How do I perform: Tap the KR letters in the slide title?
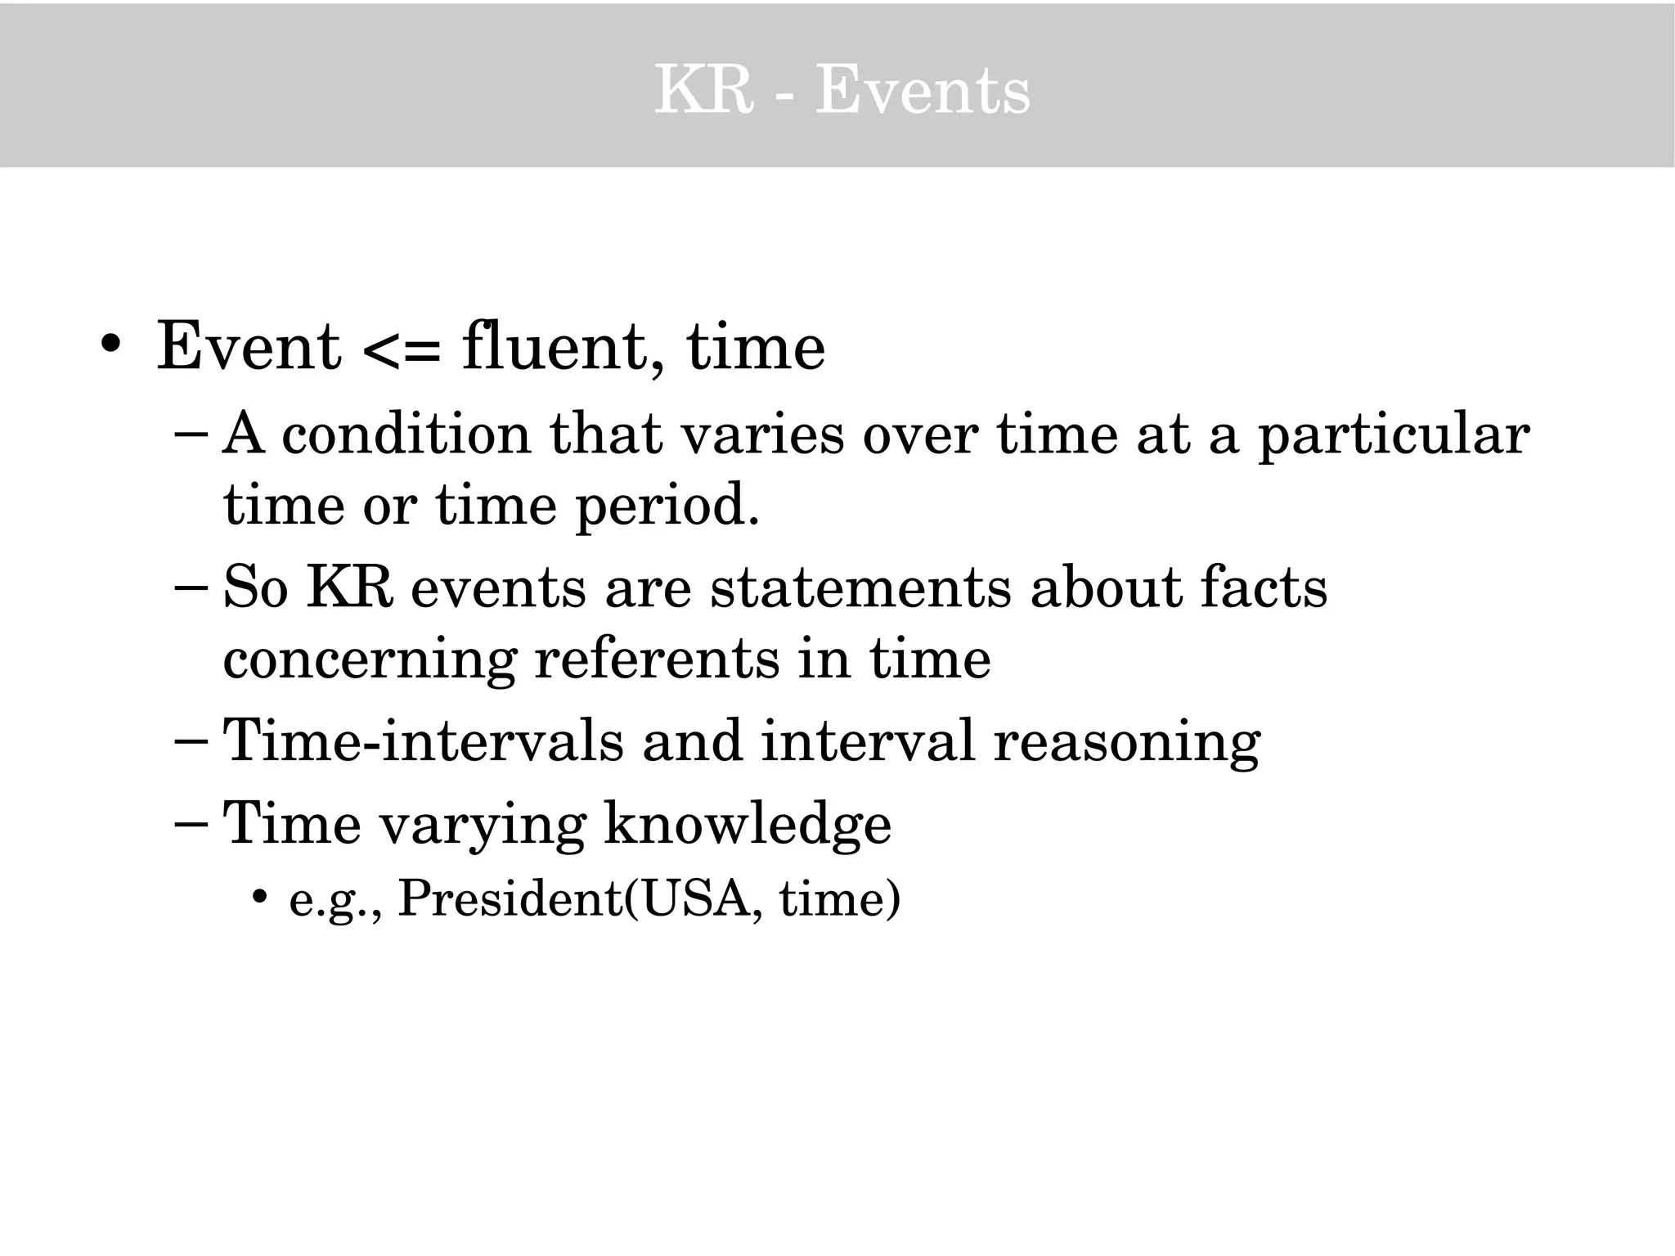click(x=703, y=90)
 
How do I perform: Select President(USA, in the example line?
click(x=581, y=899)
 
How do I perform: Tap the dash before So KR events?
click(x=193, y=587)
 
